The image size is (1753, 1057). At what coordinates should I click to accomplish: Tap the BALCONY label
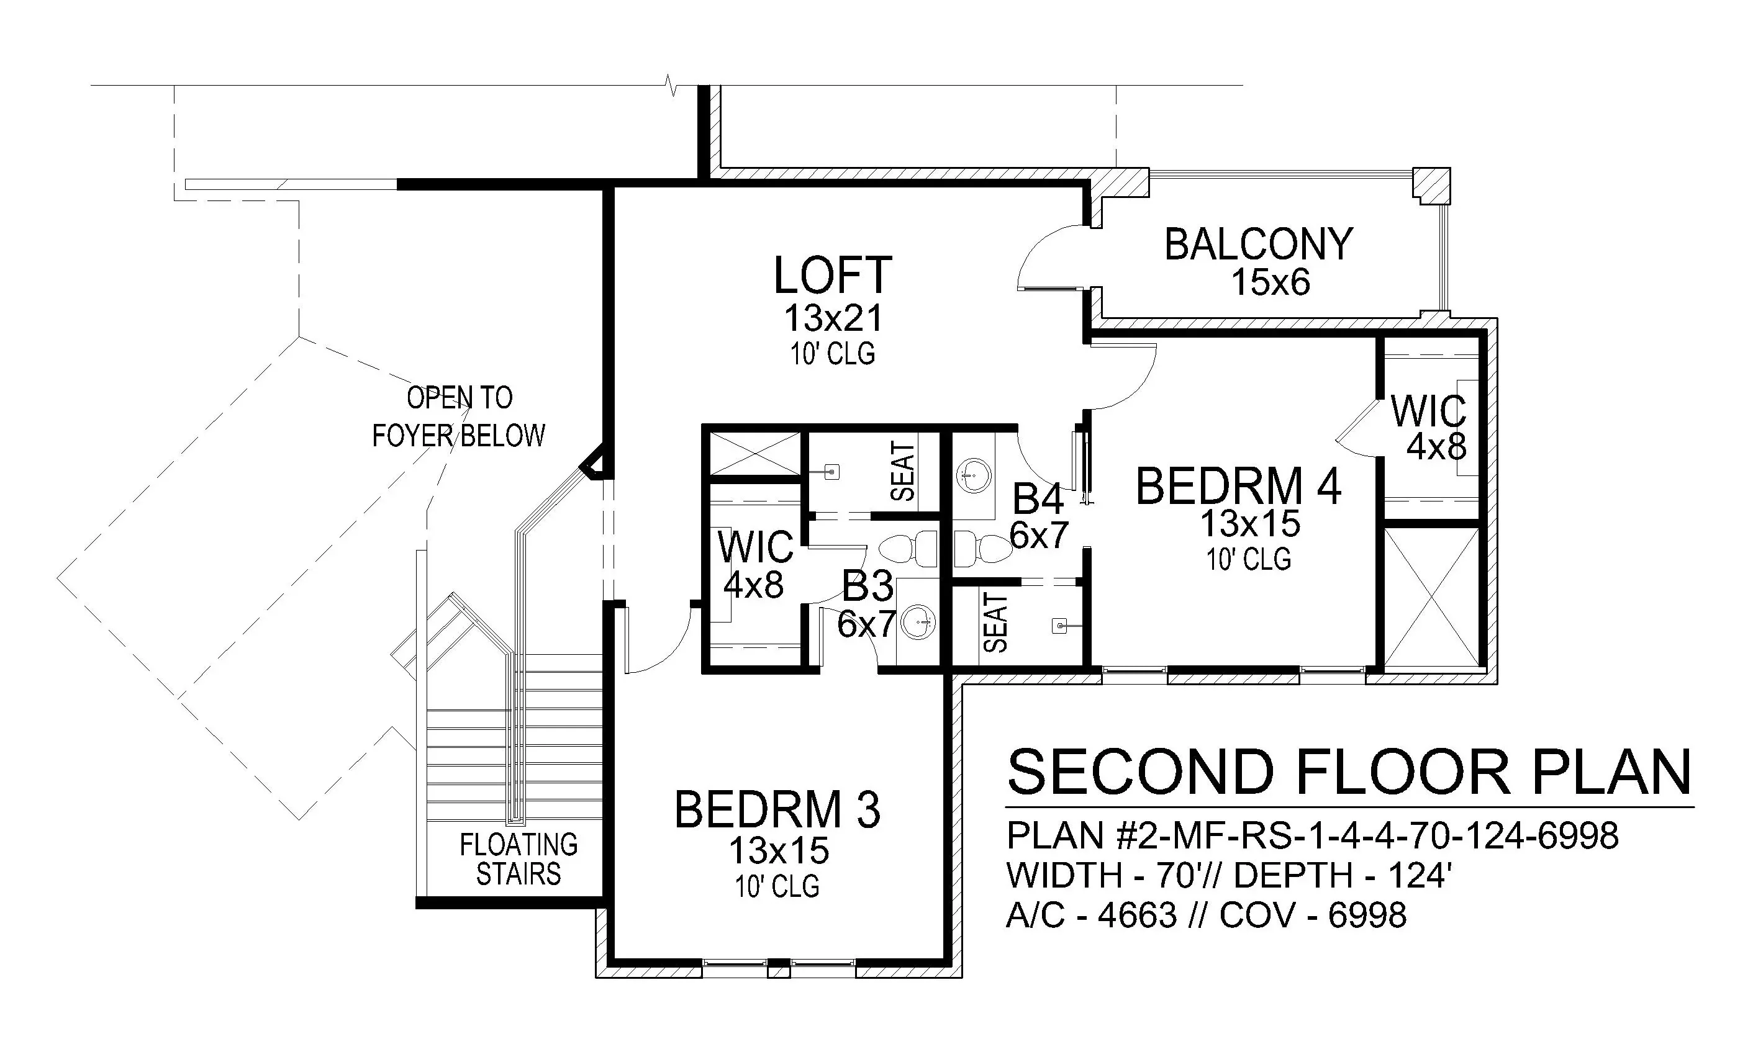click(x=1259, y=244)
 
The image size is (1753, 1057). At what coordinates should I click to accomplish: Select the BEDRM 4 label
click(x=1239, y=487)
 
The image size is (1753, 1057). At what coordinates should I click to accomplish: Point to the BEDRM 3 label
click(x=777, y=809)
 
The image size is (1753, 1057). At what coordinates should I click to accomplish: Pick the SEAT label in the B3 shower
click(x=903, y=472)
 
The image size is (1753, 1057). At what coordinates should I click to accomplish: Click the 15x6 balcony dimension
click(x=1271, y=282)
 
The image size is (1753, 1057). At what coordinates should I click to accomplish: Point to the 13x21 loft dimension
click(x=833, y=318)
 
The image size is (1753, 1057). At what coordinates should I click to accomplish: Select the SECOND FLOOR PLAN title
click(x=1349, y=773)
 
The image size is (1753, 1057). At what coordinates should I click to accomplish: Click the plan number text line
click(x=1313, y=836)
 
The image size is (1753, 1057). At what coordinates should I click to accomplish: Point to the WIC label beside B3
click(x=756, y=547)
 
